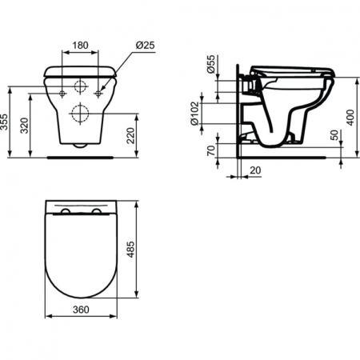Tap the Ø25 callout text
(146, 45)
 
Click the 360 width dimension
(78, 309)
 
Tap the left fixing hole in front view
(61, 94)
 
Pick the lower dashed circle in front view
(79, 111)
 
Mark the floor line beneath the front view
(79, 157)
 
